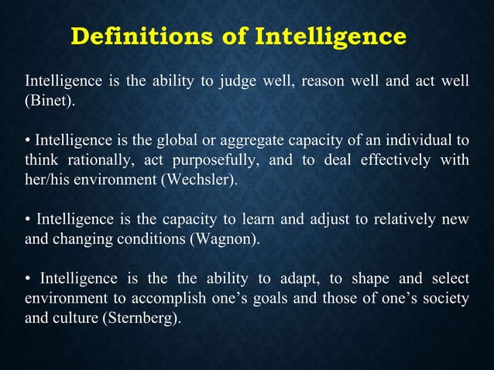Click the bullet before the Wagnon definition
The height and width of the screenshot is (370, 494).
coord(29,219)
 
